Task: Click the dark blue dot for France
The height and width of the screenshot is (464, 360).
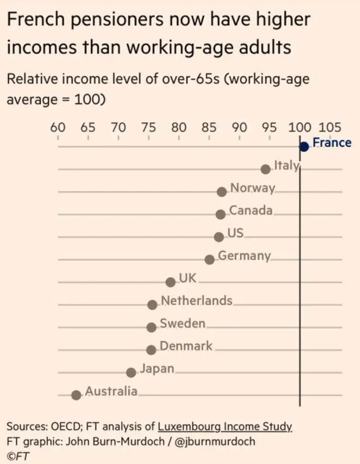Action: pyautogui.click(x=304, y=147)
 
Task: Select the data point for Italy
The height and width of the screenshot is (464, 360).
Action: pyautogui.click(x=265, y=169)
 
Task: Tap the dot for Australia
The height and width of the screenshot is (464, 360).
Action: pyautogui.click(x=76, y=395)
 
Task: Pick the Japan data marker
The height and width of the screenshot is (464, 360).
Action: pyautogui.click(x=131, y=372)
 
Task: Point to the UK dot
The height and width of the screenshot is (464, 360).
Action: pyautogui.click(x=171, y=282)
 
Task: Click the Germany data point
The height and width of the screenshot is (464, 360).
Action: pyautogui.click(x=210, y=260)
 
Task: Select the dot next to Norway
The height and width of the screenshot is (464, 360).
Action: pyautogui.click(x=222, y=192)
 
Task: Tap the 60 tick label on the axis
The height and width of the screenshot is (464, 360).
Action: pyautogui.click(x=58, y=127)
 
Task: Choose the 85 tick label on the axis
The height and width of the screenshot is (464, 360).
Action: pyautogui.click(x=209, y=127)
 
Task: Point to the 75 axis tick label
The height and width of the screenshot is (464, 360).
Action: pyautogui.click(x=148, y=127)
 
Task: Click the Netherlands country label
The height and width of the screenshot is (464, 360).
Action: pyautogui.click(x=196, y=301)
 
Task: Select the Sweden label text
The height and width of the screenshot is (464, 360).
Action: pyautogui.click(x=183, y=323)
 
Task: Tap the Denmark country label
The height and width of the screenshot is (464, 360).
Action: pyautogui.click(x=186, y=346)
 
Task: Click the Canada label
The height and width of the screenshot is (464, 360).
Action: pyautogui.click(x=251, y=210)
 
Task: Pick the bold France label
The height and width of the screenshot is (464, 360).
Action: pyautogui.click(x=332, y=142)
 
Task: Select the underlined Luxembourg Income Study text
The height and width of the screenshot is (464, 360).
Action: pyautogui.click(x=225, y=427)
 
